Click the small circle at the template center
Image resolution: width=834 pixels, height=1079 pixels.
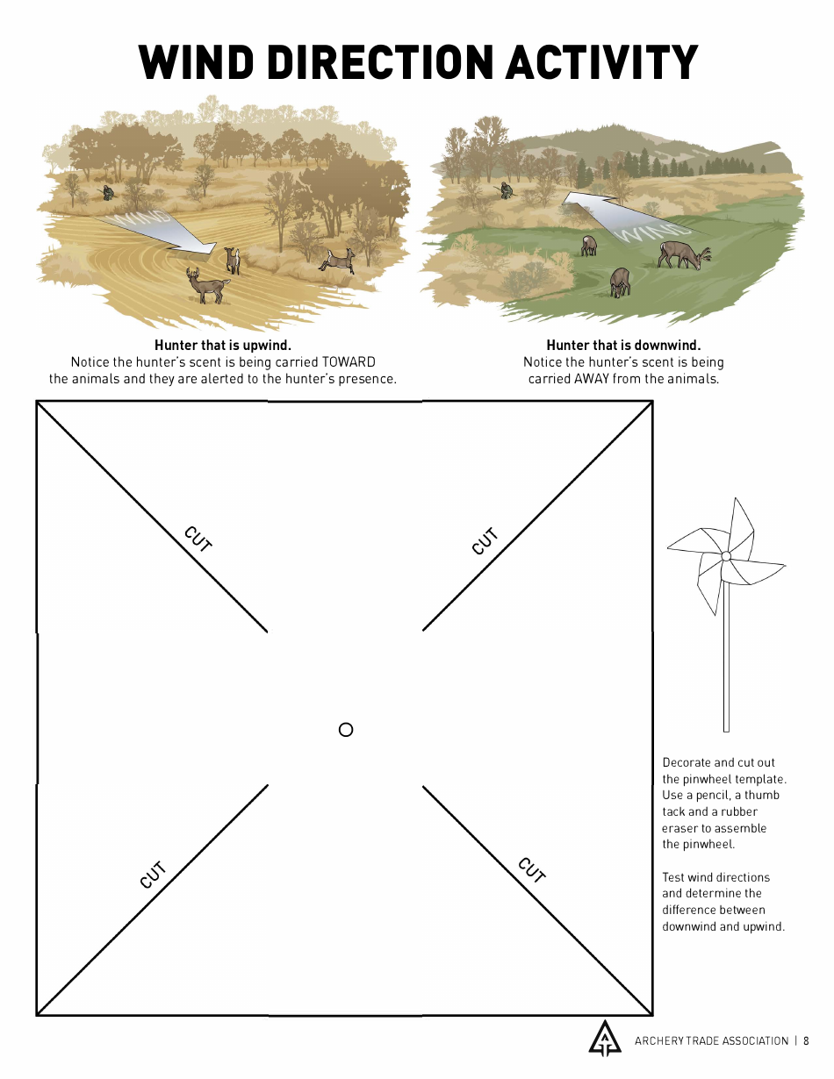[x=346, y=730]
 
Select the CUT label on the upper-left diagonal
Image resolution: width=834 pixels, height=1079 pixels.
[x=198, y=539]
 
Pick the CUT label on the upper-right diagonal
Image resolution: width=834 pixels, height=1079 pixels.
[x=485, y=541]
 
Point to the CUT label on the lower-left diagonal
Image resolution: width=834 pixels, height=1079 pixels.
[x=153, y=875]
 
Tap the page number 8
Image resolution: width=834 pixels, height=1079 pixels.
[x=806, y=1041]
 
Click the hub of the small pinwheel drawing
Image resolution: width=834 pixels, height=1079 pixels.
[x=726, y=556]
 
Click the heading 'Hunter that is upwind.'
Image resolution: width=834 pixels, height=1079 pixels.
[x=223, y=346]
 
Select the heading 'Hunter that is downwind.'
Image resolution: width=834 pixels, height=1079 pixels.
[x=623, y=346]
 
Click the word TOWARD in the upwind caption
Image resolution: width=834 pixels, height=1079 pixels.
[x=349, y=362]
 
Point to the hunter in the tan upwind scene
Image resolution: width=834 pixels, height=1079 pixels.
[x=107, y=192]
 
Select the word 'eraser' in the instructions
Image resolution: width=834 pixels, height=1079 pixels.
[x=679, y=828]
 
